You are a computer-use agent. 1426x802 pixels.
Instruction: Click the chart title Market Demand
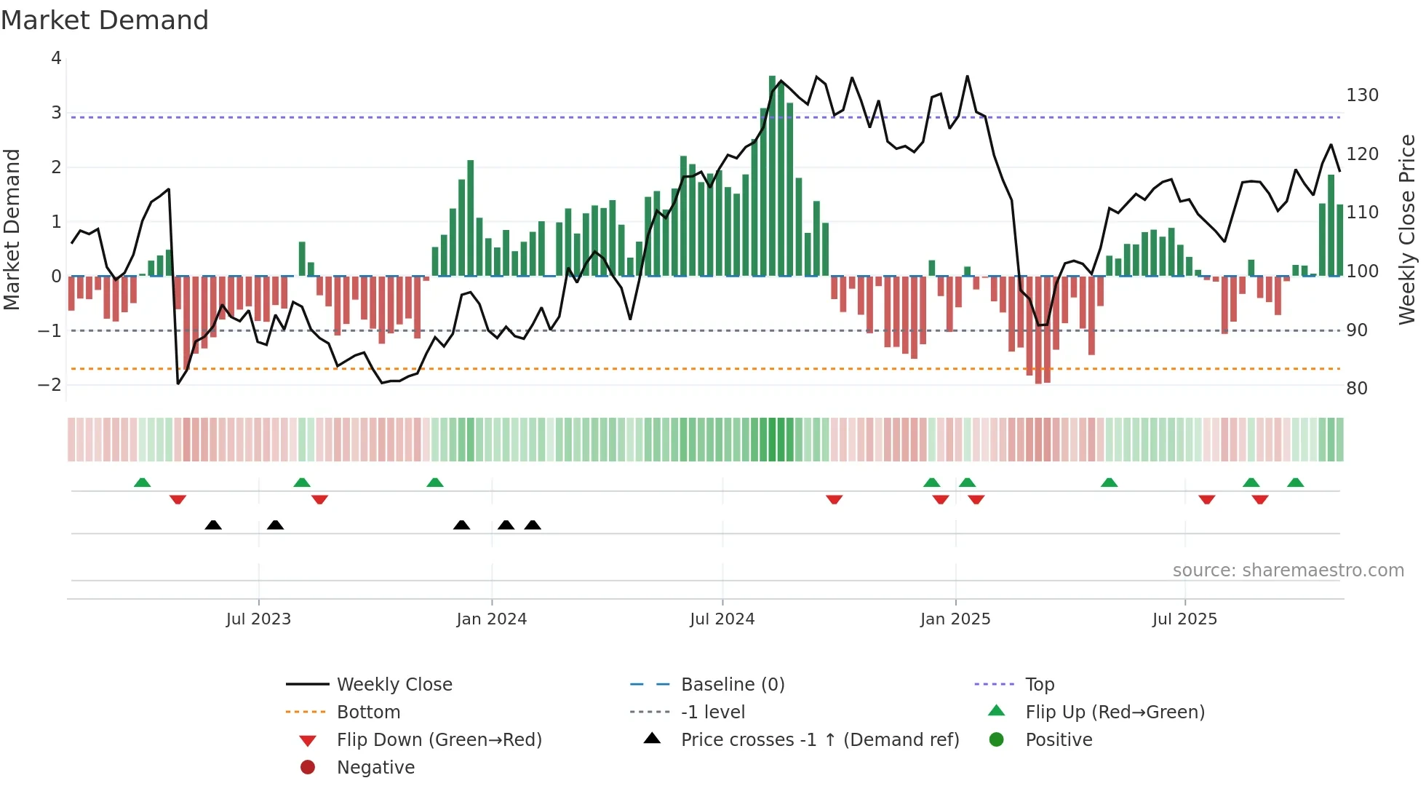pyautogui.click(x=105, y=20)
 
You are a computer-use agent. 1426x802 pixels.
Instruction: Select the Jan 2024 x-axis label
pyautogui.click(x=491, y=619)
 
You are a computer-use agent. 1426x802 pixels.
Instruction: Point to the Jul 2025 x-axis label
pyautogui.click(x=1184, y=619)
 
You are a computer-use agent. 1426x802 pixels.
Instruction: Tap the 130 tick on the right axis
pyautogui.click(x=1362, y=95)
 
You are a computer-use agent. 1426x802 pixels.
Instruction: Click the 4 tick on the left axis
pyautogui.click(x=56, y=58)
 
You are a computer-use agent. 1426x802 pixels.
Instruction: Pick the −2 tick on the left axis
pyautogui.click(x=50, y=385)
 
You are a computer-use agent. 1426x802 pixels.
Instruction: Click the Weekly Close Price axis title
pyautogui.click(x=1407, y=229)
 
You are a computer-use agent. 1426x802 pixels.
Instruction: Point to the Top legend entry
pyautogui.click(x=1040, y=685)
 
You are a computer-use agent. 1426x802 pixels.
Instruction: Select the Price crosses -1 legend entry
pyautogui.click(x=819, y=740)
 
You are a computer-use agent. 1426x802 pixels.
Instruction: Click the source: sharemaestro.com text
pyautogui.click(x=1288, y=571)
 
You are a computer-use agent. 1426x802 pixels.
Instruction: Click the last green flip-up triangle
pyautogui.click(x=1295, y=483)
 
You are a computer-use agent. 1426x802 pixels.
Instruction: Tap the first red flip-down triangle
pyautogui.click(x=178, y=499)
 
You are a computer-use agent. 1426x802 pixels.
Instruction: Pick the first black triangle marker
pyautogui.click(x=213, y=525)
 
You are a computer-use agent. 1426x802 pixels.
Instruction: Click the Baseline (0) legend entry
pyautogui.click(x=732, y=685)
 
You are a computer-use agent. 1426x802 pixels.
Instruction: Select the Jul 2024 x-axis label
pyautogui.click(x=722, y=619)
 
